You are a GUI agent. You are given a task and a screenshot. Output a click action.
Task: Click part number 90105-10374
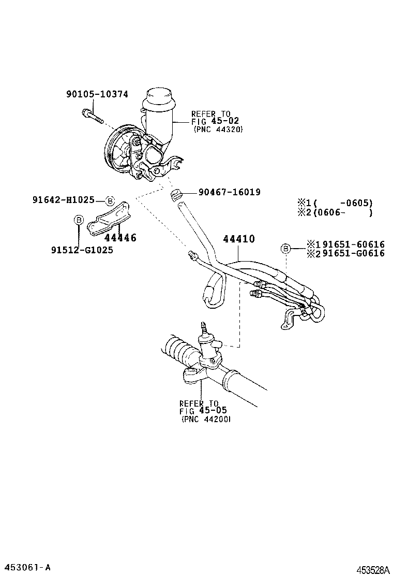(97, 94)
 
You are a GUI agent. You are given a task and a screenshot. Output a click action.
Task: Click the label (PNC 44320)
(218, 129)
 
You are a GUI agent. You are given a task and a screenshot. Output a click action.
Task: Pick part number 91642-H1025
(63, 200)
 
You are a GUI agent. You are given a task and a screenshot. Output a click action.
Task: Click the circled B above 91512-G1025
(79, 220)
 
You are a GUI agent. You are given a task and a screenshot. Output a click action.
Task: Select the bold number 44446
(120, 238)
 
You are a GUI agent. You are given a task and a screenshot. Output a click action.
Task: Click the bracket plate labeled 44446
(110, 220)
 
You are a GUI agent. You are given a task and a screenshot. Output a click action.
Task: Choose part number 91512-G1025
(82, 250)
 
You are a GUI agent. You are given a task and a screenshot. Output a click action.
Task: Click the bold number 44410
(239, 239)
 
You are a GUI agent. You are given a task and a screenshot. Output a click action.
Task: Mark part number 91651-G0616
(345, 253)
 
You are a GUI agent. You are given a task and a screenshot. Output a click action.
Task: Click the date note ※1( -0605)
(335, 203)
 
